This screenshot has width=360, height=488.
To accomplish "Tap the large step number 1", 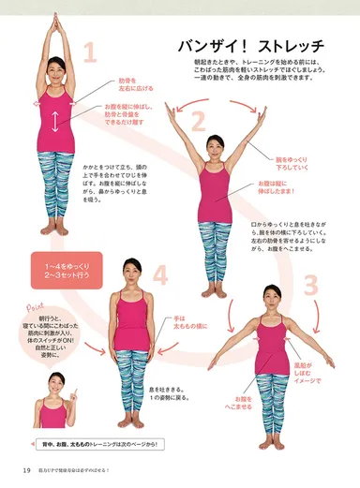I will tap(91, 52).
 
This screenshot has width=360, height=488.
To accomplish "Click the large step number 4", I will tap(160, 275).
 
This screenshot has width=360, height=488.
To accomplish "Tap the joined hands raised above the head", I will tap(55, 19).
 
